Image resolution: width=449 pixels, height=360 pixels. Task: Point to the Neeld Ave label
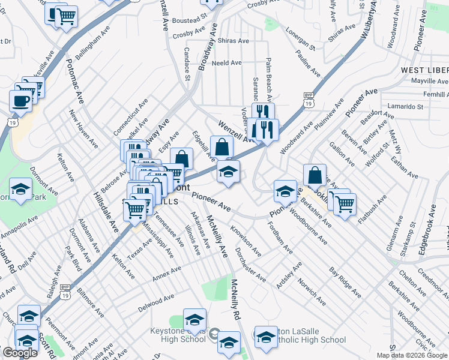(227, 62)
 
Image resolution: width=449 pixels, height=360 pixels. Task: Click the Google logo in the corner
(20, 353)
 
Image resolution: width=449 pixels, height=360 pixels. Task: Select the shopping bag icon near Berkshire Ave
(315, 175)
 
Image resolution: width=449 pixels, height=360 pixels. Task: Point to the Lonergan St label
(300, 38)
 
